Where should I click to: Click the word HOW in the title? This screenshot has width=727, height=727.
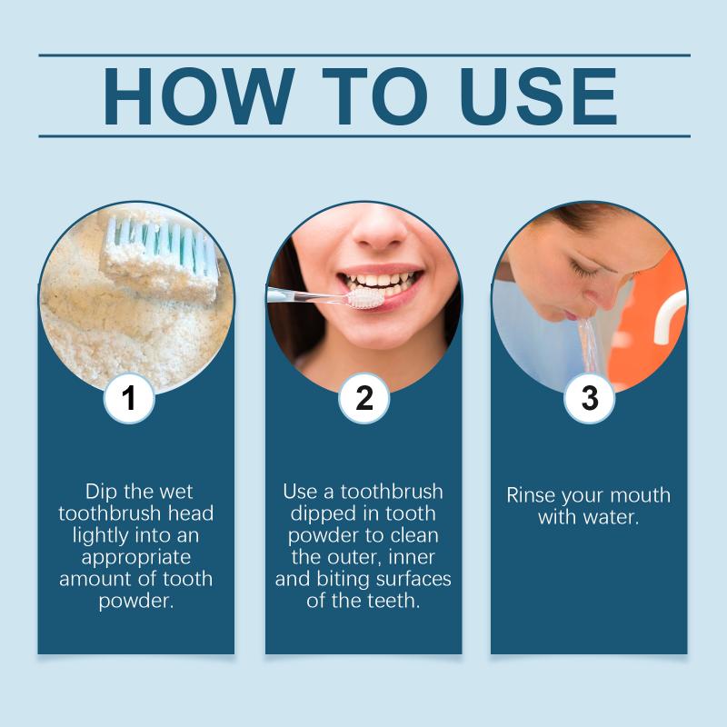click(199, 96)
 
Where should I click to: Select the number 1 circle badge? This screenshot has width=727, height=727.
click(129, 398)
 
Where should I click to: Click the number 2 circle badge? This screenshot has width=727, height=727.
click(364, 398)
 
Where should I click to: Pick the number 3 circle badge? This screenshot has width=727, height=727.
click(589, 398)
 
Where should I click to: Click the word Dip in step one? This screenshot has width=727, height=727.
click(102, 492)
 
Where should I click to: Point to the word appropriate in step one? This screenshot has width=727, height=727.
click(135, 558)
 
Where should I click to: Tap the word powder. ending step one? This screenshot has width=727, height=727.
click(136, 602)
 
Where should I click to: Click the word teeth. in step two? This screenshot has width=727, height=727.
click(393, 601)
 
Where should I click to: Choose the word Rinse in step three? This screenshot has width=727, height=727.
click(531, 495)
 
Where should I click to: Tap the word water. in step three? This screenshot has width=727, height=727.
click(613, 517)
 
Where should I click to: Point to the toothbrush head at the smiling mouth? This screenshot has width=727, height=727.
click(366, 299)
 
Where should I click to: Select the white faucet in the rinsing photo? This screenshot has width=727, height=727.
click(670, 316)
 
